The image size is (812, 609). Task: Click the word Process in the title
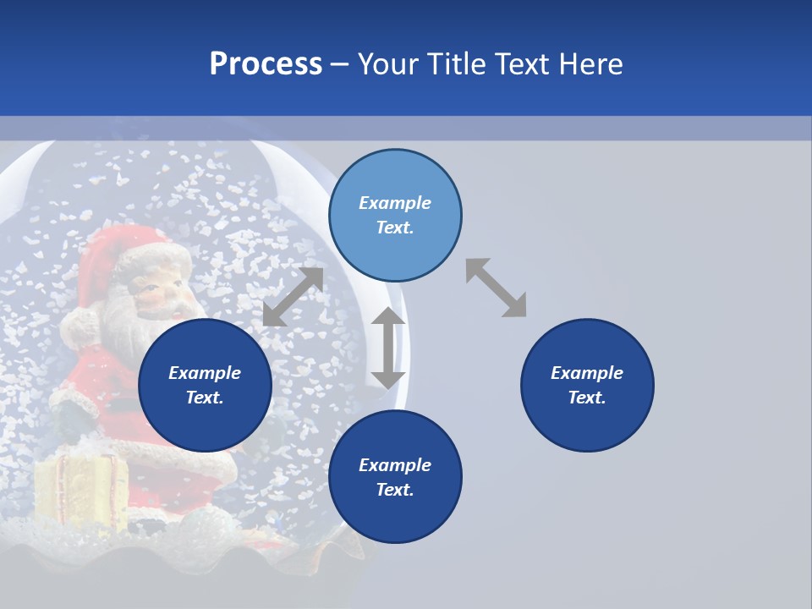point(266,64)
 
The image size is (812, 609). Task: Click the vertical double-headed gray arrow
point(388,348)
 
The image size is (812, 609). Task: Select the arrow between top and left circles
point(293,297)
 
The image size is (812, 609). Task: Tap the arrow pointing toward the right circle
point(496,288)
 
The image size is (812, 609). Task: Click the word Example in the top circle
point(395,203)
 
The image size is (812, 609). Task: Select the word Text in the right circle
point(587,398)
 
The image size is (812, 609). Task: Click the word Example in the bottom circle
point(395,465)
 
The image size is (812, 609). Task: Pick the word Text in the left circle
point(205,398)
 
